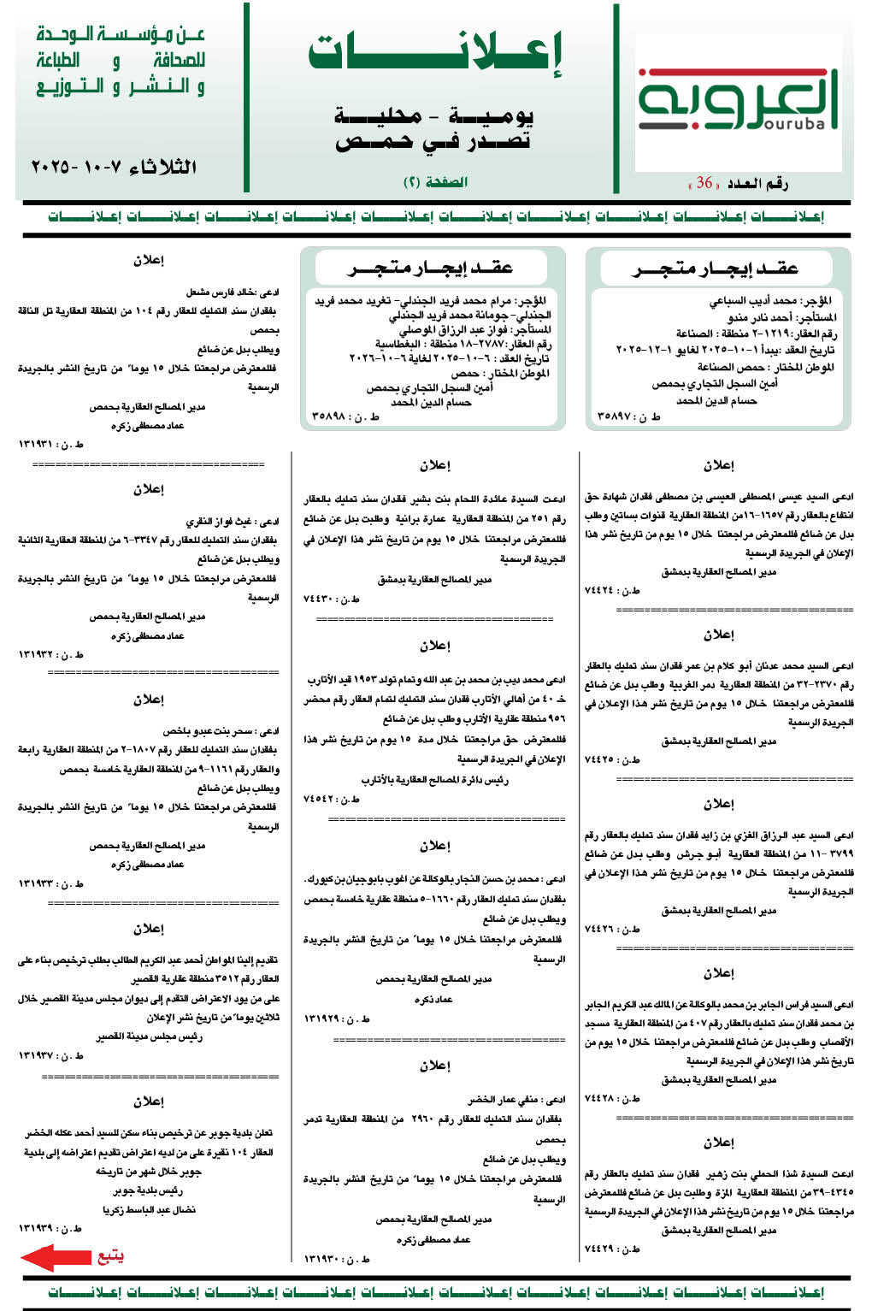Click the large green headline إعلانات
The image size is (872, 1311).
click(435, 53)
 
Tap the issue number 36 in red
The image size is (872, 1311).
click(704, 183)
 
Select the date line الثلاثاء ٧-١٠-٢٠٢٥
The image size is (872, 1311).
click(114, 167)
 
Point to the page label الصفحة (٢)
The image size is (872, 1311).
click(435, 182)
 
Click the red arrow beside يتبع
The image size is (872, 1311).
click(56, 1257)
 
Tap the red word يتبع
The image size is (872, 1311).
click(110, 1255)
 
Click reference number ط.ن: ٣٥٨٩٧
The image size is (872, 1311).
click(628, 416)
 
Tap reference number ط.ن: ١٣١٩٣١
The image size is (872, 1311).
click(51, 444)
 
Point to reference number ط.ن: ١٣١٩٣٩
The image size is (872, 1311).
click(50, 1228)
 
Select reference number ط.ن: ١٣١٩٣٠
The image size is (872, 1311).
click(337, 1259)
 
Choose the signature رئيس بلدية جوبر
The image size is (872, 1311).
click(148, 1190)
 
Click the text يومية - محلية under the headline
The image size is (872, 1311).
click(435, 115)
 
